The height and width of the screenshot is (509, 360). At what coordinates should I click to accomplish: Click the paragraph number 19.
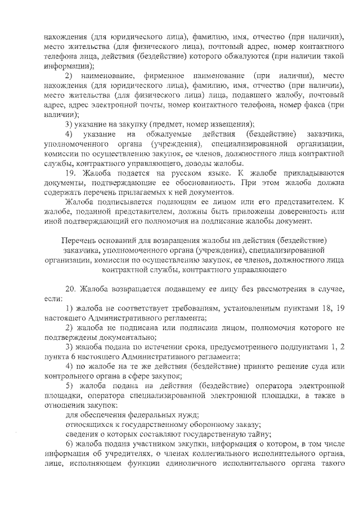[70, 173]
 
